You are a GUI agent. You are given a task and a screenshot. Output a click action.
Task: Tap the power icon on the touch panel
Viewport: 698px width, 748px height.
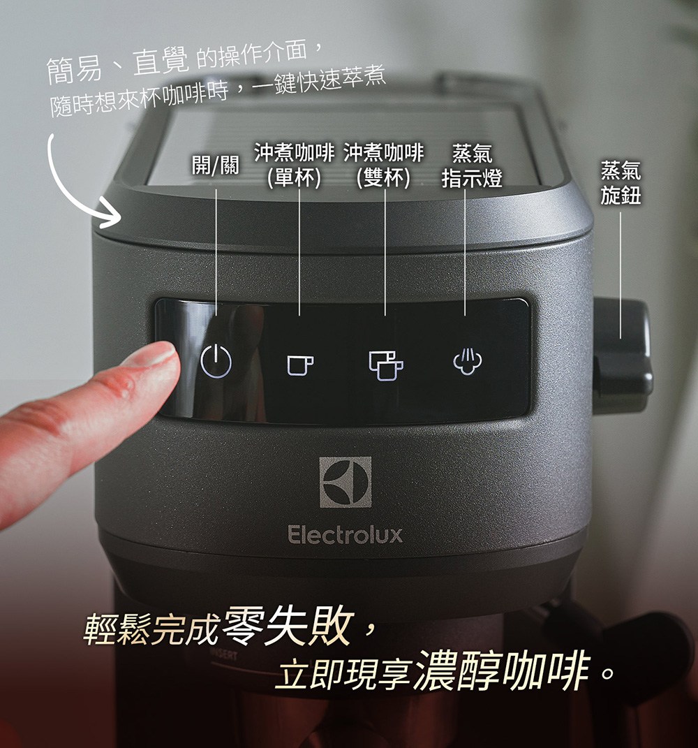(x=216, y=361)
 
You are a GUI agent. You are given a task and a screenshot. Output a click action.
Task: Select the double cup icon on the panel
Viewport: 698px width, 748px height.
(x=385, y=364)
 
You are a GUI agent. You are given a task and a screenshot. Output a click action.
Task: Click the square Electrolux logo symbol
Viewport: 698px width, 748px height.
(x=346, y=482)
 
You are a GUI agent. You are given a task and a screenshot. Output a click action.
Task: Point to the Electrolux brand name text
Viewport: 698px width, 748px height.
(x=346, y=536)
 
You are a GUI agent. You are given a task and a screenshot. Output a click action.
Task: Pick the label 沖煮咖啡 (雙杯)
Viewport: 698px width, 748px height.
(x=383, y=165)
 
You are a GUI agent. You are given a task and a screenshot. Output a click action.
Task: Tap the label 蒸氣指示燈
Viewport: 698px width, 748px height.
(x=472, y=166)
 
